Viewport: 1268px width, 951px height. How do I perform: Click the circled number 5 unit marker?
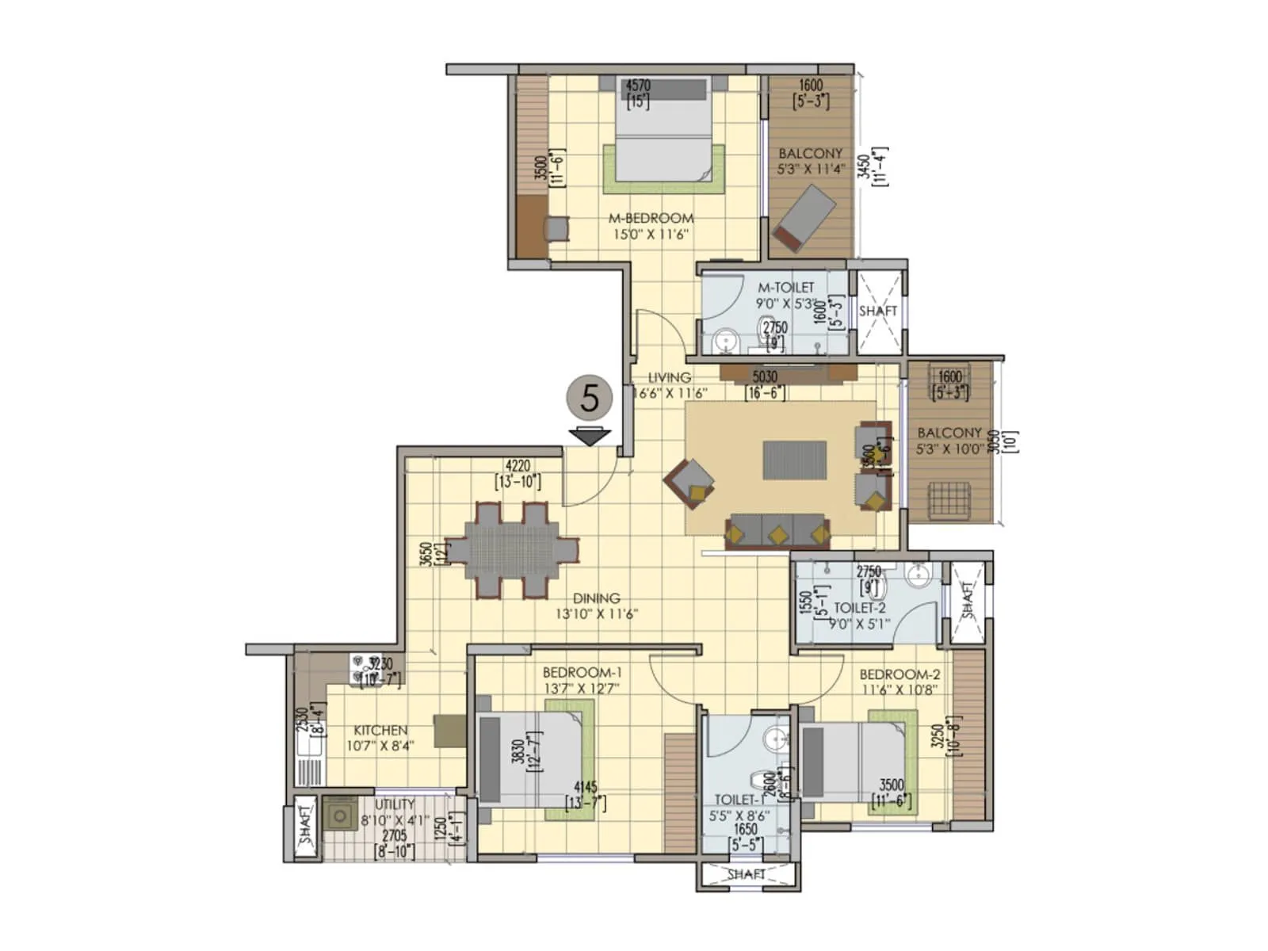tap(590, 398)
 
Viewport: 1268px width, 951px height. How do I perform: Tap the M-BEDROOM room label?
tap(651, 218)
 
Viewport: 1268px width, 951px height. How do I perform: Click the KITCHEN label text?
tap(380, 730)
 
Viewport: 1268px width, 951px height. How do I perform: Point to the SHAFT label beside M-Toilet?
tap(878, 311)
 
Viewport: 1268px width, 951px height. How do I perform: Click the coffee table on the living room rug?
tap(794, 460)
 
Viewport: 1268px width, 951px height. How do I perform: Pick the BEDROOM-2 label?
tap(899, 674)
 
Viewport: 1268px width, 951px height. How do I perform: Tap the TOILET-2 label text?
tap(860, 608)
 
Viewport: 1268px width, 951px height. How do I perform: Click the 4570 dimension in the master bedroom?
tap(638, 85)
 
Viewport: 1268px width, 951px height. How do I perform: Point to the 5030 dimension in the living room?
tap(764, 376)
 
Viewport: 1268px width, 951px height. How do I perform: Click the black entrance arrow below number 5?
tap(590, 436)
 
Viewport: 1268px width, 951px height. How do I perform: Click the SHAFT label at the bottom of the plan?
tap(746, 874)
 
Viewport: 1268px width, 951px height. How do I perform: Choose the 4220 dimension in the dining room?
tap(518, 466)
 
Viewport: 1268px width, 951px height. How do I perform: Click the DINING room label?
tap(596, 598)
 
